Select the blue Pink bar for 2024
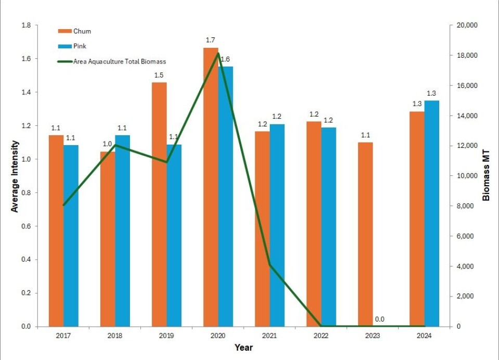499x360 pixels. point(431,213)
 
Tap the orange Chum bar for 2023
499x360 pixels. point(366,234)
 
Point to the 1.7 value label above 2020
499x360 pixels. point(211,40)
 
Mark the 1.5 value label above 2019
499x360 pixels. point(159,75)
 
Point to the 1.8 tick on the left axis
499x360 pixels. point(26,25)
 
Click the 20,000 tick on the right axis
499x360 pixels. point(463,25)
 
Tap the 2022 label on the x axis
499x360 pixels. point(321,336)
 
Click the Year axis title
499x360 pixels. point(243,347)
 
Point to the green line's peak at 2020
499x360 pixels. point(218,53)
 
